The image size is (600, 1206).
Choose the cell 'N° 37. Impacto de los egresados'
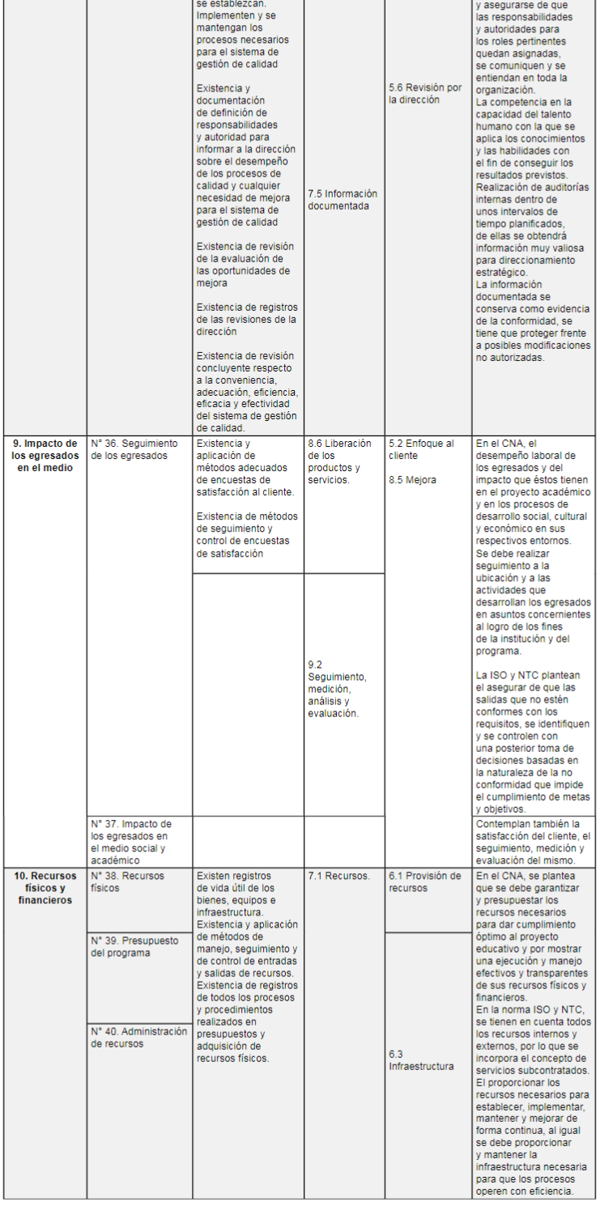(x=130, y=842)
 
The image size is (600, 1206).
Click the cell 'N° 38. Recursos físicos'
(x=118, y=881)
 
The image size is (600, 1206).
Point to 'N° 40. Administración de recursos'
(x=138, y=1038)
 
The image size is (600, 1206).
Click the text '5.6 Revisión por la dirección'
(x=425, y=93)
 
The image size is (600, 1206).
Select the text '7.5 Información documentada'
(x=343, y=200)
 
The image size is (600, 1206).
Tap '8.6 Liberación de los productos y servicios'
(x=340, y=461)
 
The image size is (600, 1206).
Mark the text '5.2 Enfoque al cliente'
(x=421, y=449)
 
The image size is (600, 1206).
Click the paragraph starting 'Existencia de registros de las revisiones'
(x=247, y=319)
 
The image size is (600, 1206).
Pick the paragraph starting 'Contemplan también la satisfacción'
(x=532, y=842)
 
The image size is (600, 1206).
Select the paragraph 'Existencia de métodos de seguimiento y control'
(x=247, y=535)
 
